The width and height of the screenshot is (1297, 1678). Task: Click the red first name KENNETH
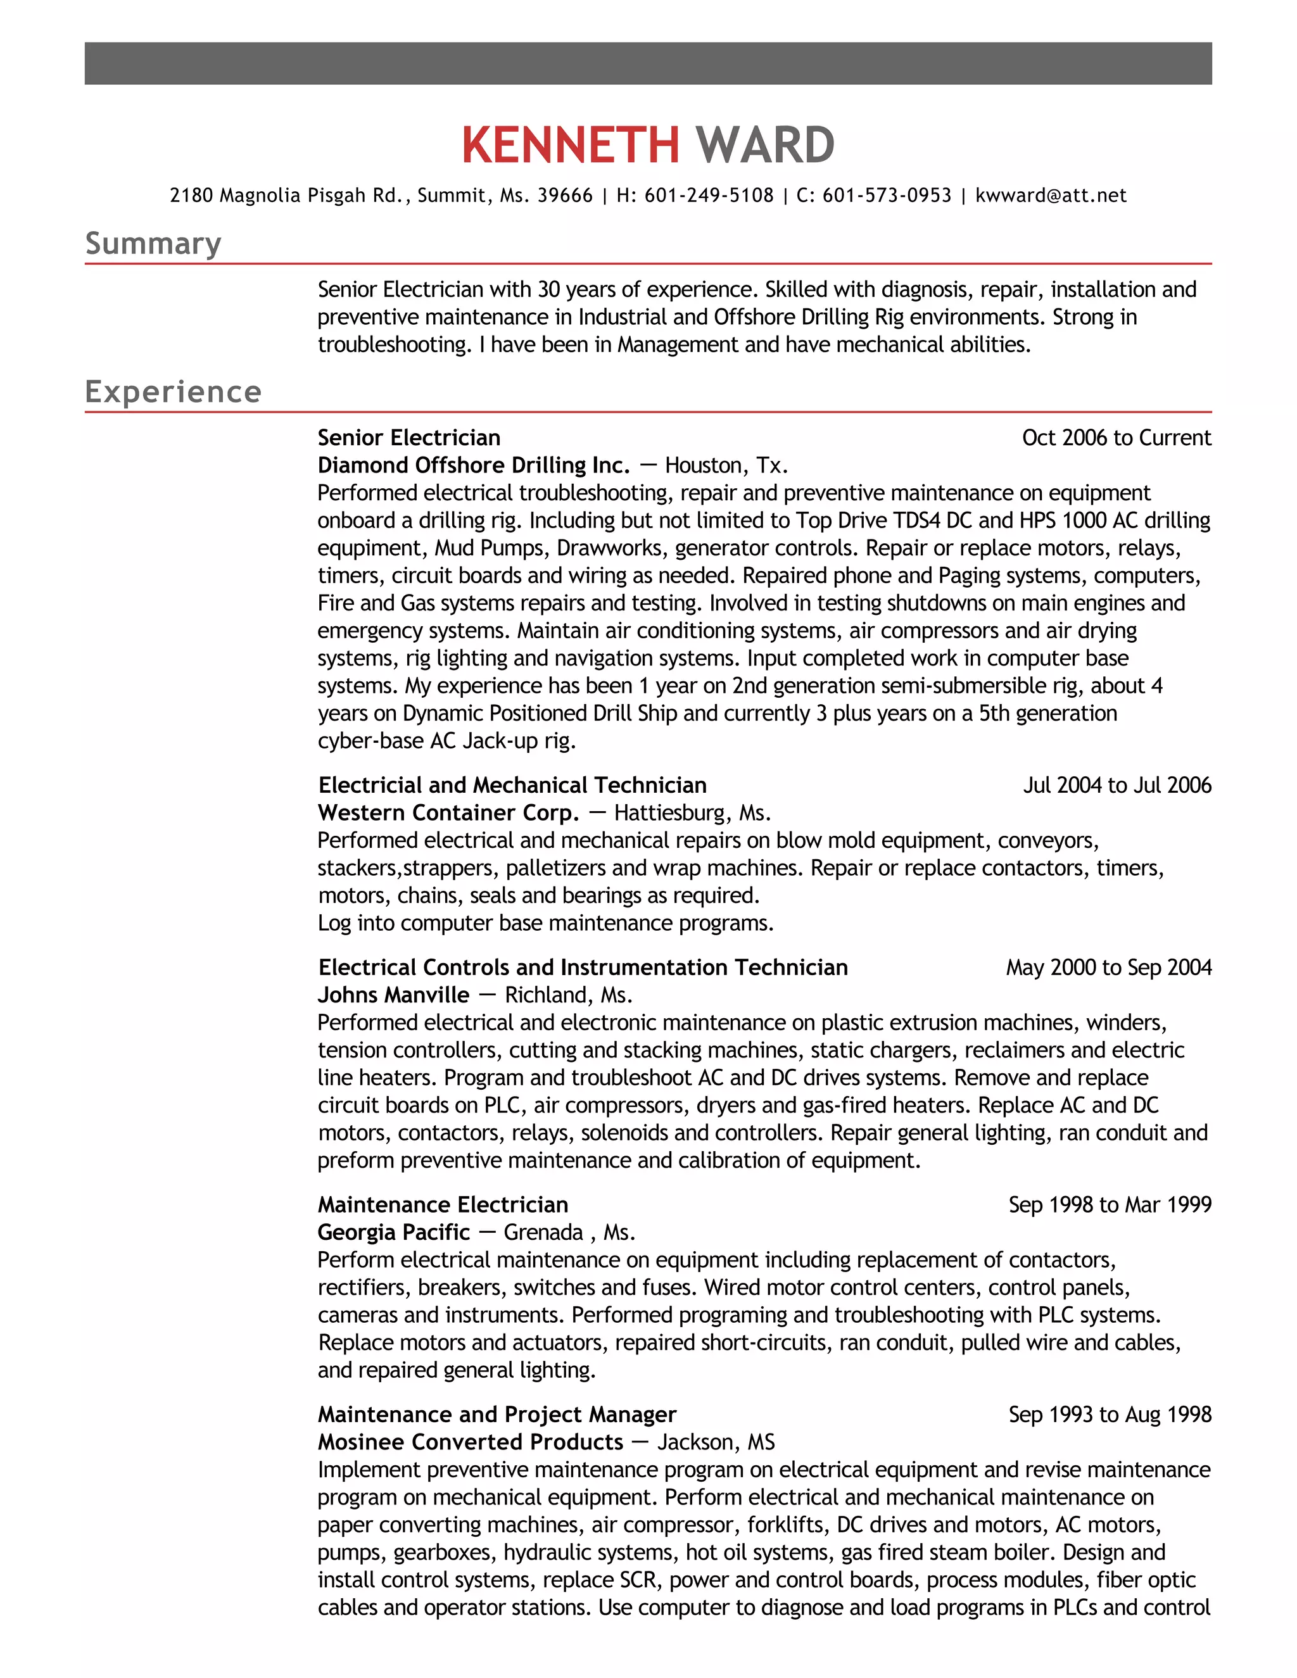click(570, 145)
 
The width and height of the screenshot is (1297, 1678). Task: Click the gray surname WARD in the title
click(764, 145)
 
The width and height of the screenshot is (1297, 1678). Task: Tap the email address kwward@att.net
click(1051, 196)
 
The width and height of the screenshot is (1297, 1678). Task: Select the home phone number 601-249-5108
click(709, 196)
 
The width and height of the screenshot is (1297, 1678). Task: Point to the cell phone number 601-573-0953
click(887, 196)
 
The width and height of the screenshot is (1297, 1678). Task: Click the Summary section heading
click(153, 244)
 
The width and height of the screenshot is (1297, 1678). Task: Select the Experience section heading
click(173, 392)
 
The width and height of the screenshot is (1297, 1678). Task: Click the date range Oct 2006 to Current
click(1116, 438)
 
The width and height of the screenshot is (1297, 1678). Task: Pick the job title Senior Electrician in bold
click(408, 438)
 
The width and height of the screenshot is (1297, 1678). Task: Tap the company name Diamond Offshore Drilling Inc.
click(473, 465)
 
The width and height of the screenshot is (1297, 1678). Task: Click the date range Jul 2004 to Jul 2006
click(1117, 785)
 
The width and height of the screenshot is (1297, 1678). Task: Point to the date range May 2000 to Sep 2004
click(1108, 968)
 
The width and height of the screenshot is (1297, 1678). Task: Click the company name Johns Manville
click(393, 995)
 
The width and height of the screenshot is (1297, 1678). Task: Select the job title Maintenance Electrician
click(443, 1205)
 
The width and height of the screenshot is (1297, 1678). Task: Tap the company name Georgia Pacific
click(393, 1232)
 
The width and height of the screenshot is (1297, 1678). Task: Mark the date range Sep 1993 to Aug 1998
click(1110, 1415)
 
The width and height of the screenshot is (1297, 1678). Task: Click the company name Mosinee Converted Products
click(471, 1442)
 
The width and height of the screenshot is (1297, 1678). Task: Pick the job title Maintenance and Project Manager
click(497, 1415)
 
